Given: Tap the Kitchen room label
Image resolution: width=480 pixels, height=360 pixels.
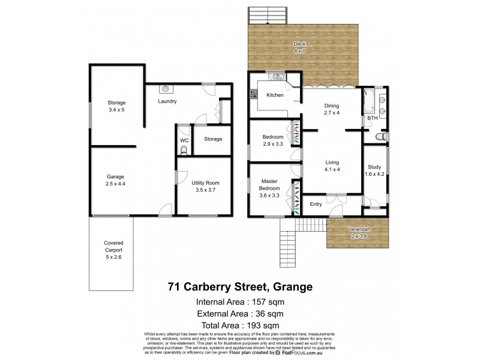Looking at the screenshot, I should [275, 95].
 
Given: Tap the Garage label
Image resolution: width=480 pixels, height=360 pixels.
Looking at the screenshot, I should [115, 180].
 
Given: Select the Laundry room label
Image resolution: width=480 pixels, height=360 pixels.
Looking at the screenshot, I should [167, 101].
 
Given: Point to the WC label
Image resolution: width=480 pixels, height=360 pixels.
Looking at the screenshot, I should [184, 140].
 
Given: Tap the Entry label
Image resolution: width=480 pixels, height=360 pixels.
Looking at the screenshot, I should [316, 205].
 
